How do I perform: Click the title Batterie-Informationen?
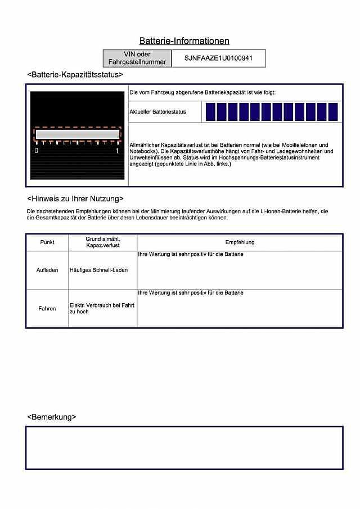coord(184,41)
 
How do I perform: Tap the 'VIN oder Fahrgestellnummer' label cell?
coord(137,58)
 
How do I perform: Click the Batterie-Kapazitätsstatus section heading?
coord(75,75)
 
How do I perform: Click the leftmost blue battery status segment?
coord(209,112)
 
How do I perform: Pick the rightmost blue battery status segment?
coord(333,112)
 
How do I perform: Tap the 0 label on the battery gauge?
coord(37,151)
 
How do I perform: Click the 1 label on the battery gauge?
coord(118,151)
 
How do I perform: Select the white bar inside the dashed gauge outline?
coord(77,134)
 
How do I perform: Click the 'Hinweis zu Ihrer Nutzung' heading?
coord(75,199)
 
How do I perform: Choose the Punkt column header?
coord(47,242)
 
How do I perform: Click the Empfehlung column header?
coord(240,242)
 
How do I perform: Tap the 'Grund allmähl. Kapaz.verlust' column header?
coord(102,242)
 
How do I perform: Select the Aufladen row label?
coord(47,270)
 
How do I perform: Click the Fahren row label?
coord(47,308)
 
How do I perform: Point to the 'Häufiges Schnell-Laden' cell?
coord(98,270)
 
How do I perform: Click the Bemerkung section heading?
coord(52,417)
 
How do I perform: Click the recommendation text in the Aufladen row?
coord(191,255)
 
